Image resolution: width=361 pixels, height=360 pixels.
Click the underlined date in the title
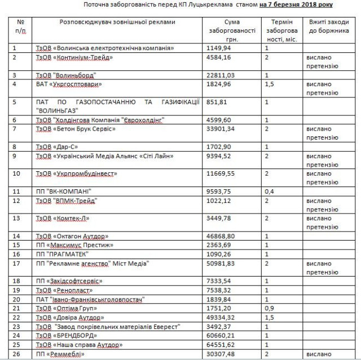point(296,5)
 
